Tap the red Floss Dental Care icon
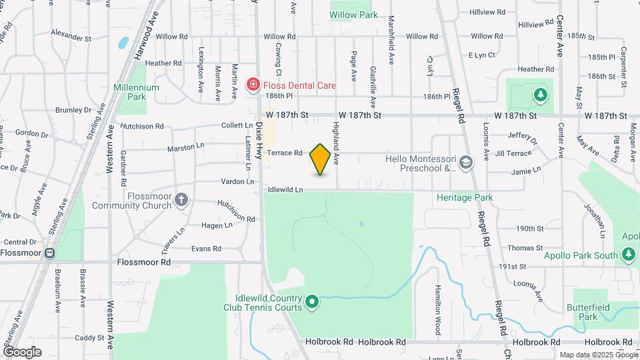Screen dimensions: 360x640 coord(253,85)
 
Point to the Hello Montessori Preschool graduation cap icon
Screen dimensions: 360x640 coord(465,161)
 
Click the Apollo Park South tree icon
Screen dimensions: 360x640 coord(627,254)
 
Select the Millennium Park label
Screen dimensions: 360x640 coord(136,92)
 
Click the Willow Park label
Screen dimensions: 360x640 coord(354,15)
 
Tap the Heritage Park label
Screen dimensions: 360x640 coord(465,197)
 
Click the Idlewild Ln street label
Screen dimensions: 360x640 coord(285,190)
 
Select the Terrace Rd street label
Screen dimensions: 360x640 coord(285,153)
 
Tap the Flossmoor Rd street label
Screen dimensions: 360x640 coord(143,262)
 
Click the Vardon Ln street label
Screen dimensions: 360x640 coord(238,181)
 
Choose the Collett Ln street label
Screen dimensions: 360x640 coord(237,125)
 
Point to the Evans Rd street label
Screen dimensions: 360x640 coord(206,249)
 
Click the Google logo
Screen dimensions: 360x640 coord(22,352)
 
